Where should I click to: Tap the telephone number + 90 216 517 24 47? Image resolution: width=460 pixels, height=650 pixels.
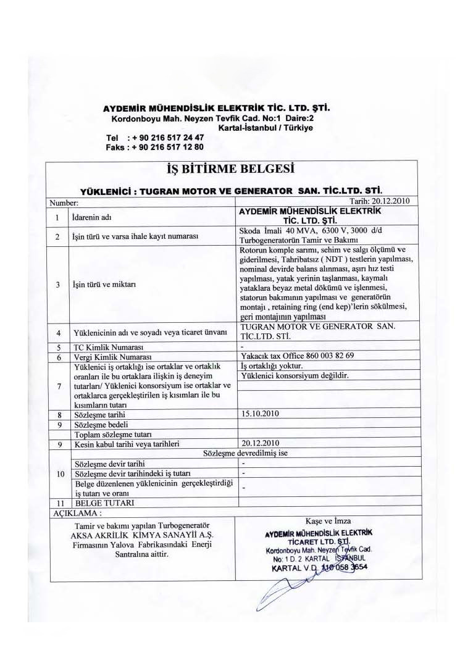point(165,138)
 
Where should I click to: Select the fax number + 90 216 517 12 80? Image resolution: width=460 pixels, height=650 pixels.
point(165,147)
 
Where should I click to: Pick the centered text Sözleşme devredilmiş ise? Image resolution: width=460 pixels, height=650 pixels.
point(246,452)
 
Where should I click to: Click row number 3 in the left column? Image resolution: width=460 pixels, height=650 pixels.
point(56,285)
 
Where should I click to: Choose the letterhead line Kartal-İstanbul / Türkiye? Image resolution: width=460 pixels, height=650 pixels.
point(266,128)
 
